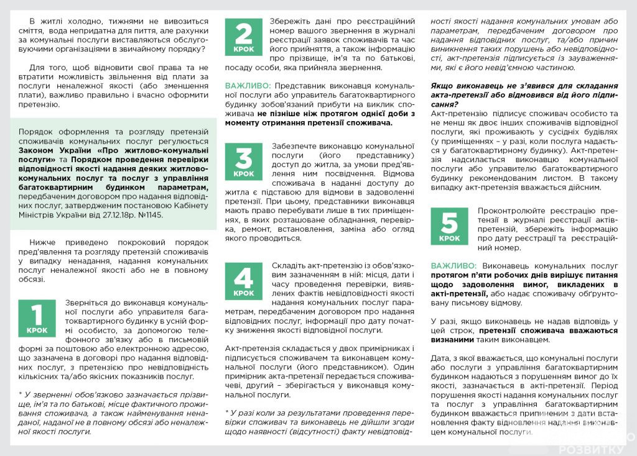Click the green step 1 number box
coord(37,318)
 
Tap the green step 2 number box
coord(244,37)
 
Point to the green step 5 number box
coord(450,226)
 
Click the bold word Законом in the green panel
coord(37,150)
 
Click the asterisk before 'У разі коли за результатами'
coord(228,412)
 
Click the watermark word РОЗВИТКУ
coord(591,449)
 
